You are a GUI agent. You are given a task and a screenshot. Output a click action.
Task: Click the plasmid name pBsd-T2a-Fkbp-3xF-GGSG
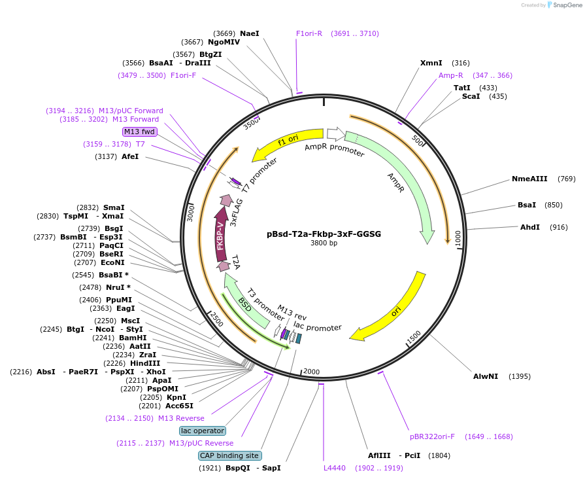click(x=324, y=234)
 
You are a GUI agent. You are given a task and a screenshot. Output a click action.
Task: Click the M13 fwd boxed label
click(x=141, y=132)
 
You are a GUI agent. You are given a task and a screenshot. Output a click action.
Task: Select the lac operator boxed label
click(x=203, y=431)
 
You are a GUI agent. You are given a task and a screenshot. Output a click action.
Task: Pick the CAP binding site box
click(x=229, y=455)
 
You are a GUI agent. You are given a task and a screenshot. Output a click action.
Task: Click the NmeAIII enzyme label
click(x=529, y=179)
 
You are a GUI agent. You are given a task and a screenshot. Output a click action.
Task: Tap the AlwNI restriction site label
click(x=486, y=376)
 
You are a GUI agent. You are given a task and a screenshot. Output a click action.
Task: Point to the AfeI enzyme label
click(x=130, y=156)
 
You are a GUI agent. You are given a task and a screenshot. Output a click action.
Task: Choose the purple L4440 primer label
click(x=334, y=468)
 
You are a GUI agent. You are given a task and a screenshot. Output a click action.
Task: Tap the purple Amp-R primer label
click(x=451, y=75)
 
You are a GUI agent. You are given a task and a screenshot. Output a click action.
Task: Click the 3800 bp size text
click(x=324, y=243)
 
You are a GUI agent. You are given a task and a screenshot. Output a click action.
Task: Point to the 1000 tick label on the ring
click(x=458, y=238)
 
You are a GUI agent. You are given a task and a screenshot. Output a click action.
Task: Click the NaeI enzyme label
click(x=250, y=33)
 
